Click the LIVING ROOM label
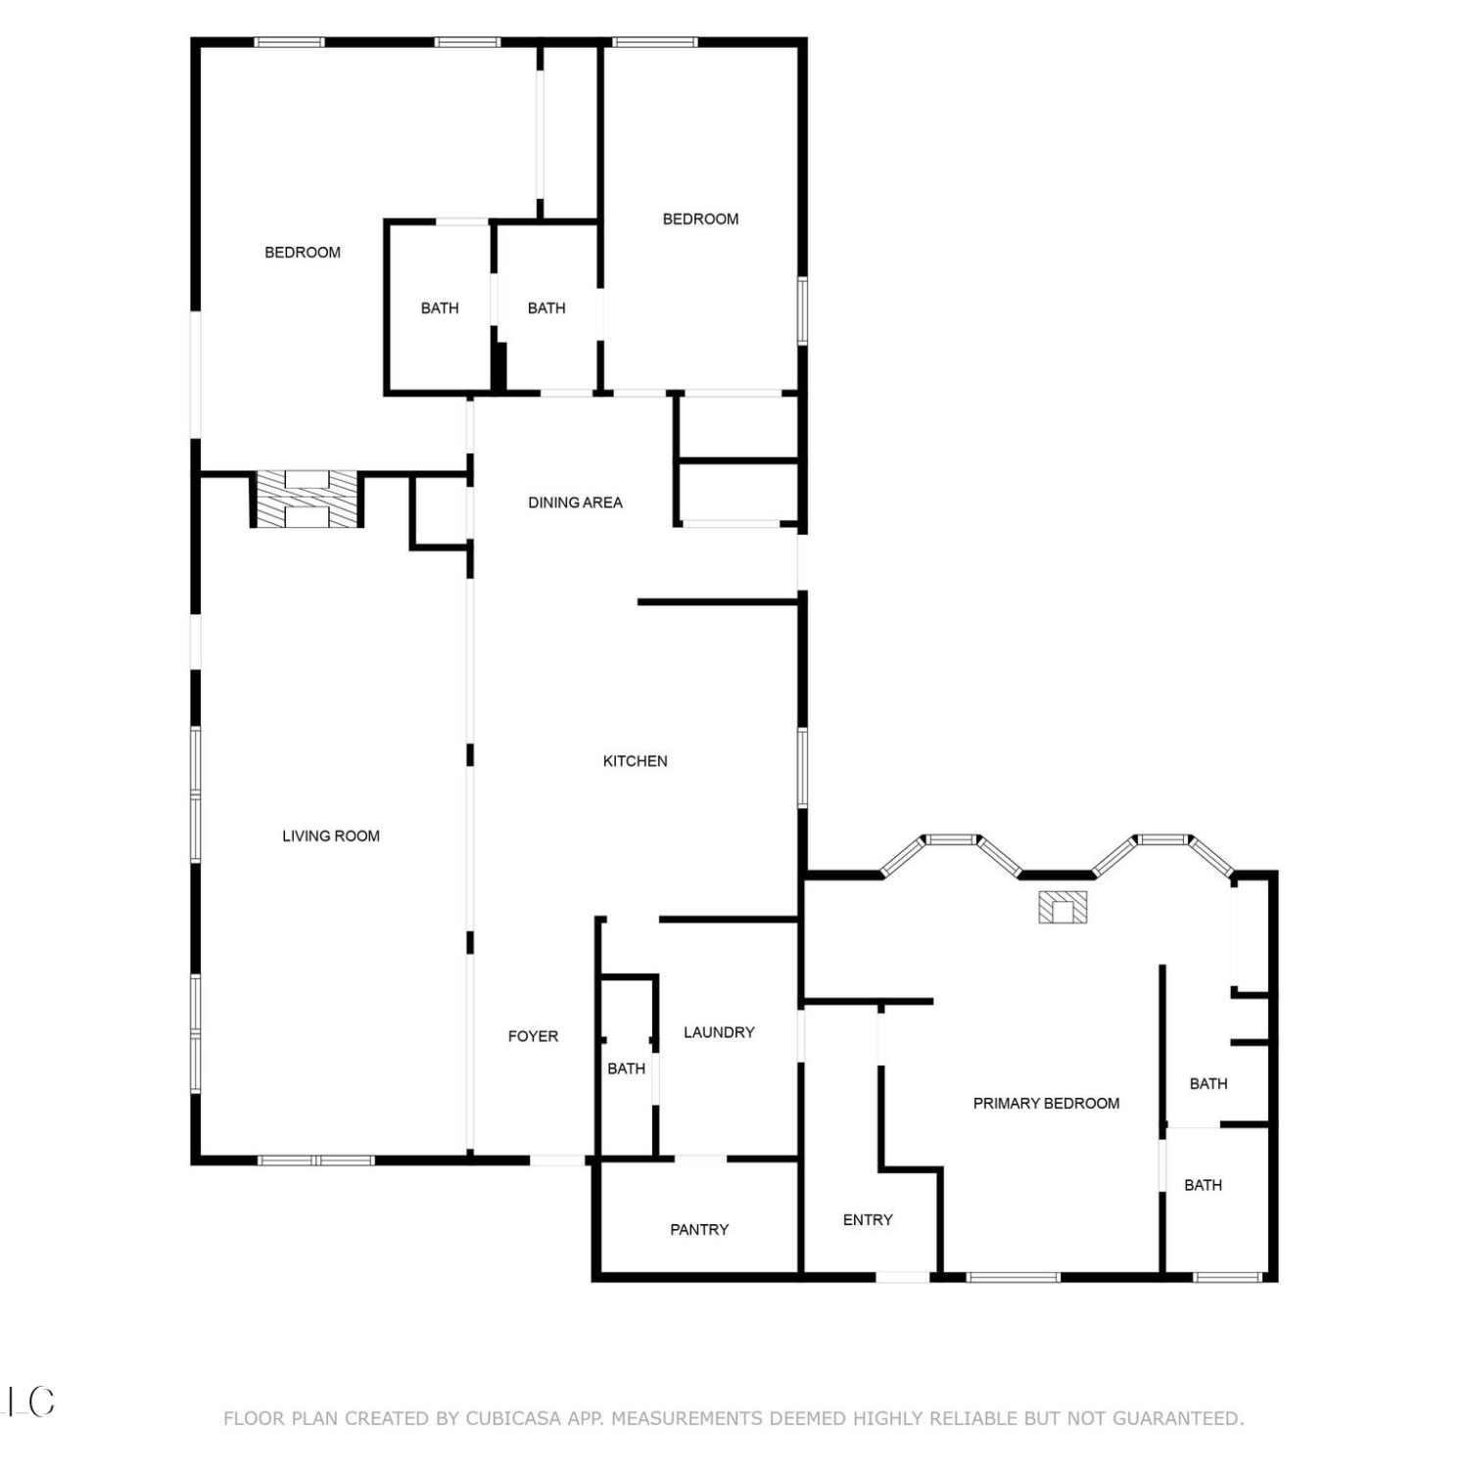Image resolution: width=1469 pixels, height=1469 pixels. [x=331, y=835]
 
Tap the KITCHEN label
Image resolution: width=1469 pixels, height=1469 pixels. [x=635, y=761]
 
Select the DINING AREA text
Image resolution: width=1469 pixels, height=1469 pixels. [x=575, y=502]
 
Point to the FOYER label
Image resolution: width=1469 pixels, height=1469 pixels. [x=533, y=1036]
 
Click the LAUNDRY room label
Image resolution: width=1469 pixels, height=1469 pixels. [x=719, y=1032]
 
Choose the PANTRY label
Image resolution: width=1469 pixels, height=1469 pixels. [x=699, y=1229]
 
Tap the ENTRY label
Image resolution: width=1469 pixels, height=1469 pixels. [x=868, y=1219]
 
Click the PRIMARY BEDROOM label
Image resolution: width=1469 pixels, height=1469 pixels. [x=1046, y=1104]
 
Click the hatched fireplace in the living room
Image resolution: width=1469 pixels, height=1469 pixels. [x=307, y=498]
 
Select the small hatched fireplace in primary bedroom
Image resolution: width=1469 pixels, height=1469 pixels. [x=1063, y=907]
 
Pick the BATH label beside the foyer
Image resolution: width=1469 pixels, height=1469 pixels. [x=626, y=1068]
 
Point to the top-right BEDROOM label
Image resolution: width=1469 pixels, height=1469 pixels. [x=700, y=219]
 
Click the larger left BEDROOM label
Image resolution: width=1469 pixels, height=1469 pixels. [x=303, y=253]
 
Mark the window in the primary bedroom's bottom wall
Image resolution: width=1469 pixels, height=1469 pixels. [x=1013, y=1277]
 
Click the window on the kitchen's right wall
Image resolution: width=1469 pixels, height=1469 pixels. [x=802, y=768]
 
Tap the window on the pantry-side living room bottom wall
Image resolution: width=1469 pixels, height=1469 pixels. [x=316, y=1161]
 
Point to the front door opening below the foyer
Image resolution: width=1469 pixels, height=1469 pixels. [x=557, y=1161]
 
